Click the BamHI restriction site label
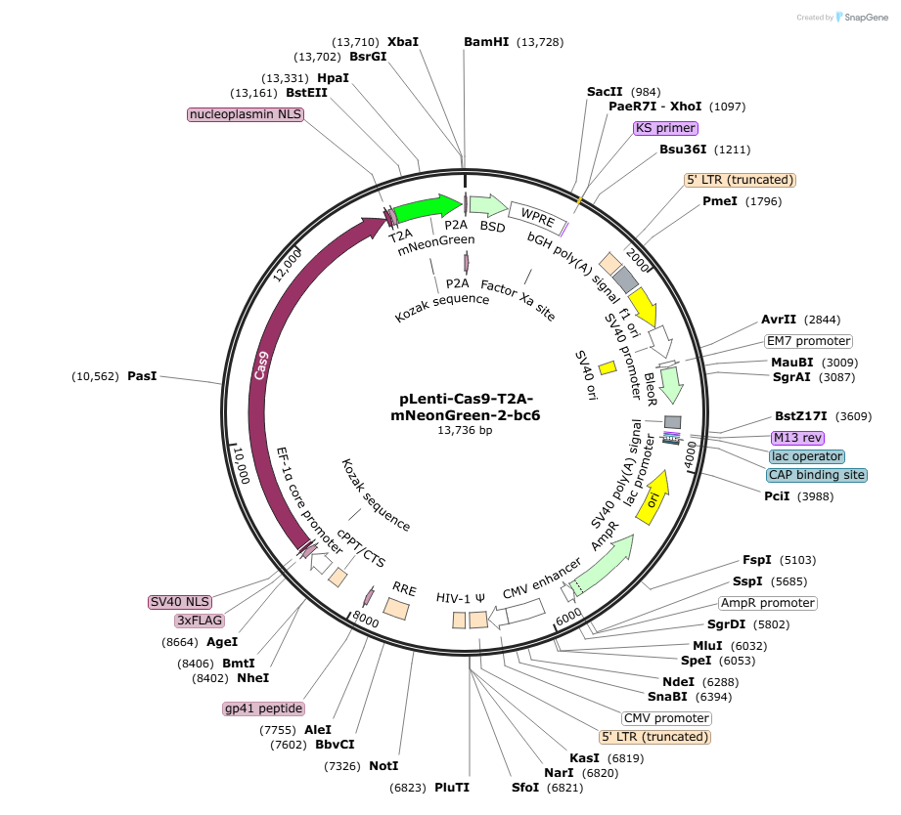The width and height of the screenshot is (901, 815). point(486,41)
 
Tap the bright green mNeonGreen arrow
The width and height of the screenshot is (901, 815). point(426,207)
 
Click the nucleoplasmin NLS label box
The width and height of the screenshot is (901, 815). point(246,114)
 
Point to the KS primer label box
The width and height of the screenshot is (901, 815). point(665,128)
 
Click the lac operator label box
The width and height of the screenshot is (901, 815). point(806,456)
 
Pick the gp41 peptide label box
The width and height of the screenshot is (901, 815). point(263,708)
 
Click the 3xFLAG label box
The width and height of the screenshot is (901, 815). point(200,621)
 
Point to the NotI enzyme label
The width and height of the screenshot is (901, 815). point(383,765)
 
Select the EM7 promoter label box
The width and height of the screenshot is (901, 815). point(808,341)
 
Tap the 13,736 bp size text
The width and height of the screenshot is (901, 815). point(465,430)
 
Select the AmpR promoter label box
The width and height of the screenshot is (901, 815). point(767,603)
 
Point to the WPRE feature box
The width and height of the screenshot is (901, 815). point(537,215)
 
